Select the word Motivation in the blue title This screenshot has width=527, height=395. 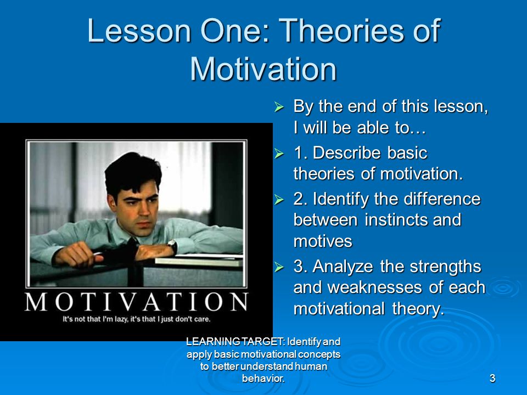tap(263, 69)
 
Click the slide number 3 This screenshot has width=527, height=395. tap(492, 378)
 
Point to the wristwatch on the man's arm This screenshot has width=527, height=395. tap(173, 246)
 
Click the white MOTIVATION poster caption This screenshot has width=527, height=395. tap(137, 302)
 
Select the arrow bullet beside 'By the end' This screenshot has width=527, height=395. tap(279, 107)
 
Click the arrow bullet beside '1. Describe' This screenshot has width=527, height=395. tap(279, 153)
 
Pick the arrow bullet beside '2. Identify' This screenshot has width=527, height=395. tap(279, 199)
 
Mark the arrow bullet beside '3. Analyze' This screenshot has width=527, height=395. tap(279, 267)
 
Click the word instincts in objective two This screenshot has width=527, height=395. tap(396, 220)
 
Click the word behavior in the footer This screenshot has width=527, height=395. tap(263, 379)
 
